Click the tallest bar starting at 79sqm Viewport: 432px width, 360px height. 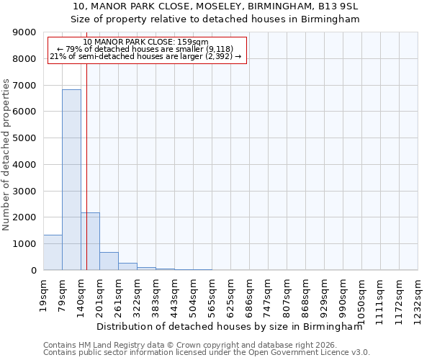[71, 180]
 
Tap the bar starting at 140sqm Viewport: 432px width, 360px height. [90, 241]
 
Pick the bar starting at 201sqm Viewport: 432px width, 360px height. [109, 261]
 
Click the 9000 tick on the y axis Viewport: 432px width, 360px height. [24, 32]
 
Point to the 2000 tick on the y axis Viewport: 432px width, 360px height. [24, 217]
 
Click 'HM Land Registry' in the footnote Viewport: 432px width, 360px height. [102, 345]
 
